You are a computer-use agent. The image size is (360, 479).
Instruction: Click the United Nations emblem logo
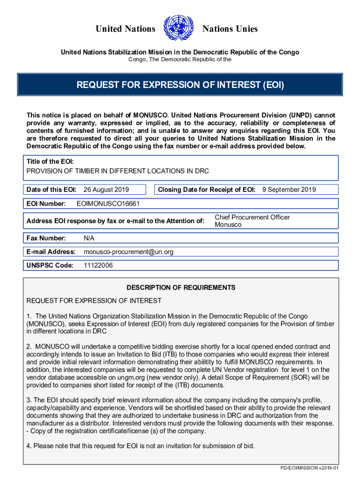pyautogui.click(x=179, y=29)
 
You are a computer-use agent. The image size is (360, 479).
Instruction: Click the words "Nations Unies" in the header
pyautogui.click(x=230, y=29)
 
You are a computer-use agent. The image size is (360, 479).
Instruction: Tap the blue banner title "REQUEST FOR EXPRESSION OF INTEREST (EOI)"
pyautogui.click(x=180, y=85)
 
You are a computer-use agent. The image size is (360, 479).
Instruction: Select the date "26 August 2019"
pyautogui.click(x=106, y=189)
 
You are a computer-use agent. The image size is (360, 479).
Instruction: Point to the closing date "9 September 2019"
pyautogui.click(x=289, y=189)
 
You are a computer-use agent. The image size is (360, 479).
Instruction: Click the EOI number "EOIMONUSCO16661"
pyautogui.click(x=108, y=204)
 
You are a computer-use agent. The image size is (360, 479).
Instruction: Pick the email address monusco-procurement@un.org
pyautogui.click(x=129, y=252)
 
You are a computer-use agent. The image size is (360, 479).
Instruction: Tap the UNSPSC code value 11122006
pyautogui.click(x=98, y=266)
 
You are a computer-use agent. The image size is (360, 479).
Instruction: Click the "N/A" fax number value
pyautogui.click(x=89, y=238)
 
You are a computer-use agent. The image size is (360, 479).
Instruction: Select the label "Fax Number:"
pyautogui.click(x=46, y=238)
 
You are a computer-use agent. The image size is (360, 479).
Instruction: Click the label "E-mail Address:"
pyautogui.click(x=51, y=252)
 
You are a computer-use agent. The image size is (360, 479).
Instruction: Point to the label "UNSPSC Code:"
pyautogui.click(x=50, y=266)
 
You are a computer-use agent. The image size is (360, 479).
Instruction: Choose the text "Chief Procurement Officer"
pyautogui.click(x=252, y=217)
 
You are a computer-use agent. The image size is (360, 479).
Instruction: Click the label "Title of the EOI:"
pyautogui.click(x=50, y=161)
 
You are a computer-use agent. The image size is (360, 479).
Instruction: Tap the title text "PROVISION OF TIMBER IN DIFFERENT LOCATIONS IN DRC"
pyautogui.click(x=118, y=171)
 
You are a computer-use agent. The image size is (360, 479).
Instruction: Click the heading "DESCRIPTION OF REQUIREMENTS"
pyautogui.click(x=181, y=288)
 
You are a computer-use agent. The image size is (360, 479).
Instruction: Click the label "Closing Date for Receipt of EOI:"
pyautogui.click(x=206, y=189)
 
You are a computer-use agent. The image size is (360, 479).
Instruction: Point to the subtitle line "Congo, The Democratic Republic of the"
pyautogui.click(x=180, y=60)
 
